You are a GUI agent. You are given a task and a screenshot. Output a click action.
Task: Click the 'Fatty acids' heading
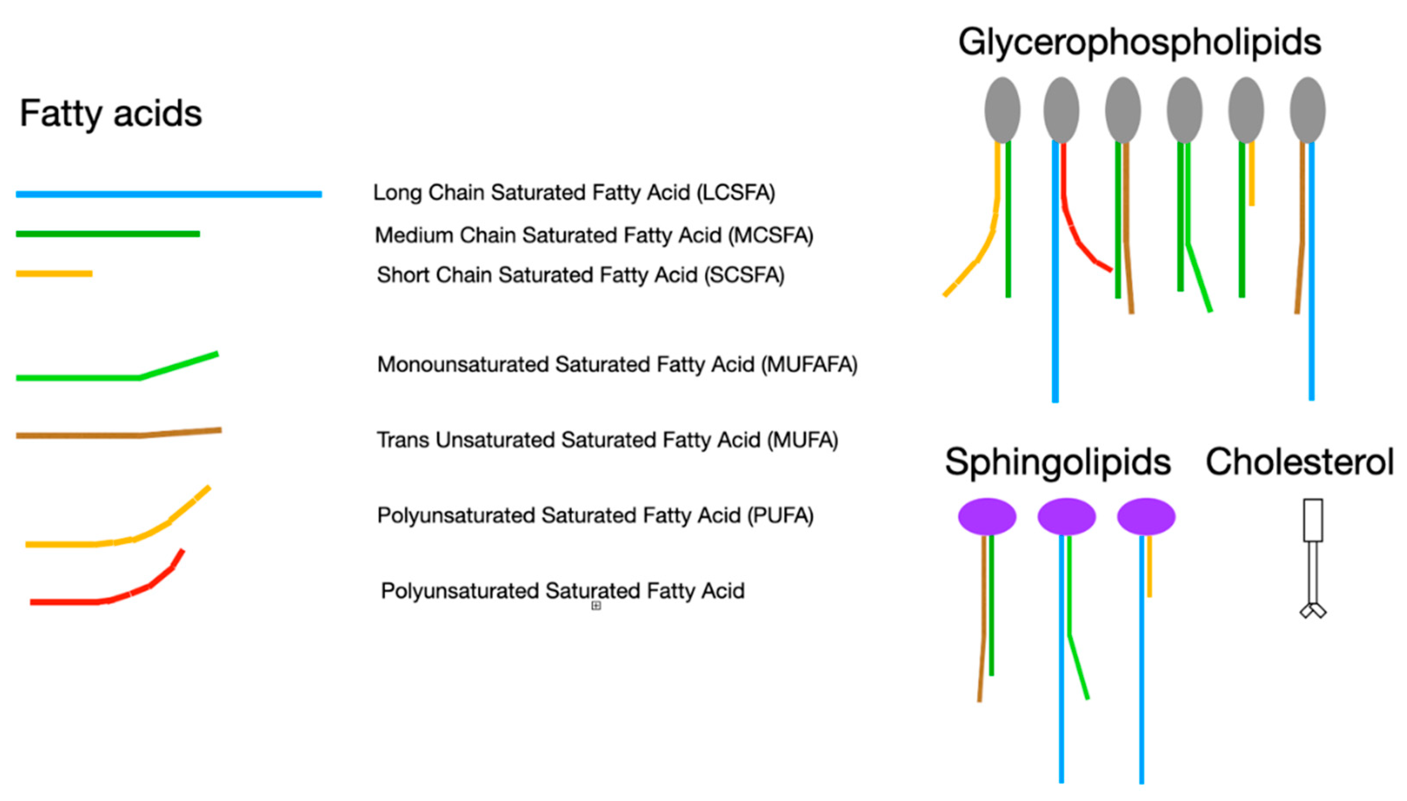pyautogui.click(x=111, y=114)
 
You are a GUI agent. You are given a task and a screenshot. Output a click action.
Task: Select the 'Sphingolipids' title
pyautogui.click(x=1057, y=462)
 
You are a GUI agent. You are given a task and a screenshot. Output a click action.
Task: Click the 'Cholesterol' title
pyautogui.click(x=1299, y=462)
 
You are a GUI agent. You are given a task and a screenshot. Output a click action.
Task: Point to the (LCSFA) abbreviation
pyautogui.click(x=735, y=192)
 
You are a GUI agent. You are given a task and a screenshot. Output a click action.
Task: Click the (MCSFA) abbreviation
pyautogui.click(x=770, y=235)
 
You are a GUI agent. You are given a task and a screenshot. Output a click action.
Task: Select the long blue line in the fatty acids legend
pyautogui.click(x=169, y=194)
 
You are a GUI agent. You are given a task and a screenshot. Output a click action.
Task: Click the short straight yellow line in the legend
pyautogui.click(x=54, y=273)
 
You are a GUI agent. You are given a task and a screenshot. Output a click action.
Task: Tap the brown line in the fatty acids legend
pyautogui.click(x=118, y=435)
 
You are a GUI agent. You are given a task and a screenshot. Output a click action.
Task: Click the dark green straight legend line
pyautogui.click(x=107, y=234)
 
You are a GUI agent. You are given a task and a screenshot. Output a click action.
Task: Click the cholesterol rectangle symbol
pyautogui.click(x=1312, y=520)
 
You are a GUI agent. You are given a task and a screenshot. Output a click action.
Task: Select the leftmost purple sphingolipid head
pyautogui.click(x=986, y=516)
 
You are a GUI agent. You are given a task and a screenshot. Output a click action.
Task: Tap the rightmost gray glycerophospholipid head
pyautogui.click(x=1307, y=110)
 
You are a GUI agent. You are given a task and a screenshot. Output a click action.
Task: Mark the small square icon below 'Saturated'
pyautogui.click(x=595, y=606)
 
